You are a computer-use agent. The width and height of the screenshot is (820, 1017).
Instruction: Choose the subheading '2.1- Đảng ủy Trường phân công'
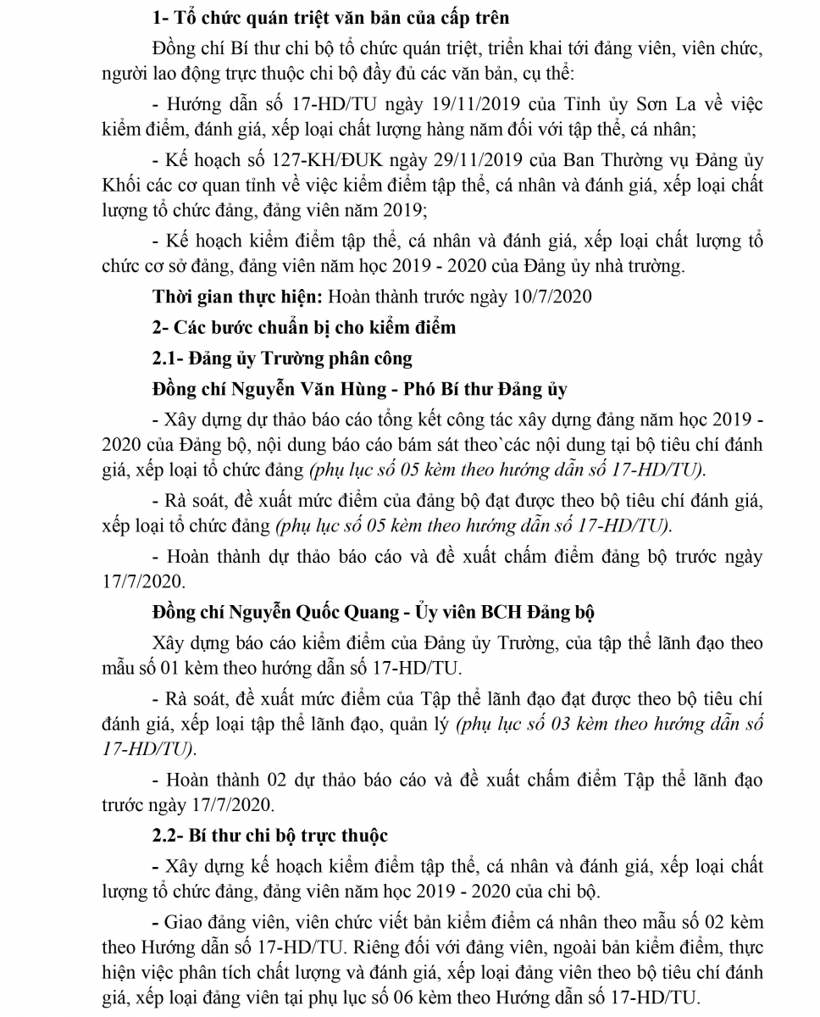click(282, 358)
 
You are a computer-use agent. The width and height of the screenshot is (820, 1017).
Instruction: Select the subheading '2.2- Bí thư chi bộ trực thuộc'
click(269, 835)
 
